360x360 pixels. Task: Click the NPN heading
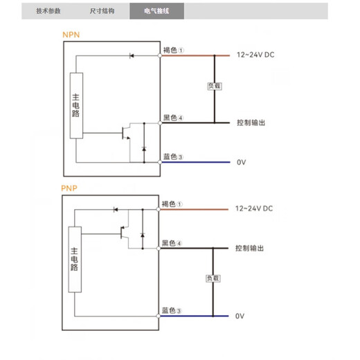(71, 34)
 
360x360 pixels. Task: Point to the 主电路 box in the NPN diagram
(76, 109)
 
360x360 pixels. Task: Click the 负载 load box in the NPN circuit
(214, 87)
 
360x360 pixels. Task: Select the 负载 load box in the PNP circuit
(212, 278)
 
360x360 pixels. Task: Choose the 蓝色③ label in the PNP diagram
(172, 310)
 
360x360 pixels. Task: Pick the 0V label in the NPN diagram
(241, 162)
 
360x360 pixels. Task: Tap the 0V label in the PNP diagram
(240, 316)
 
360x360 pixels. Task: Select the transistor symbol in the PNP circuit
(125, 231)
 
